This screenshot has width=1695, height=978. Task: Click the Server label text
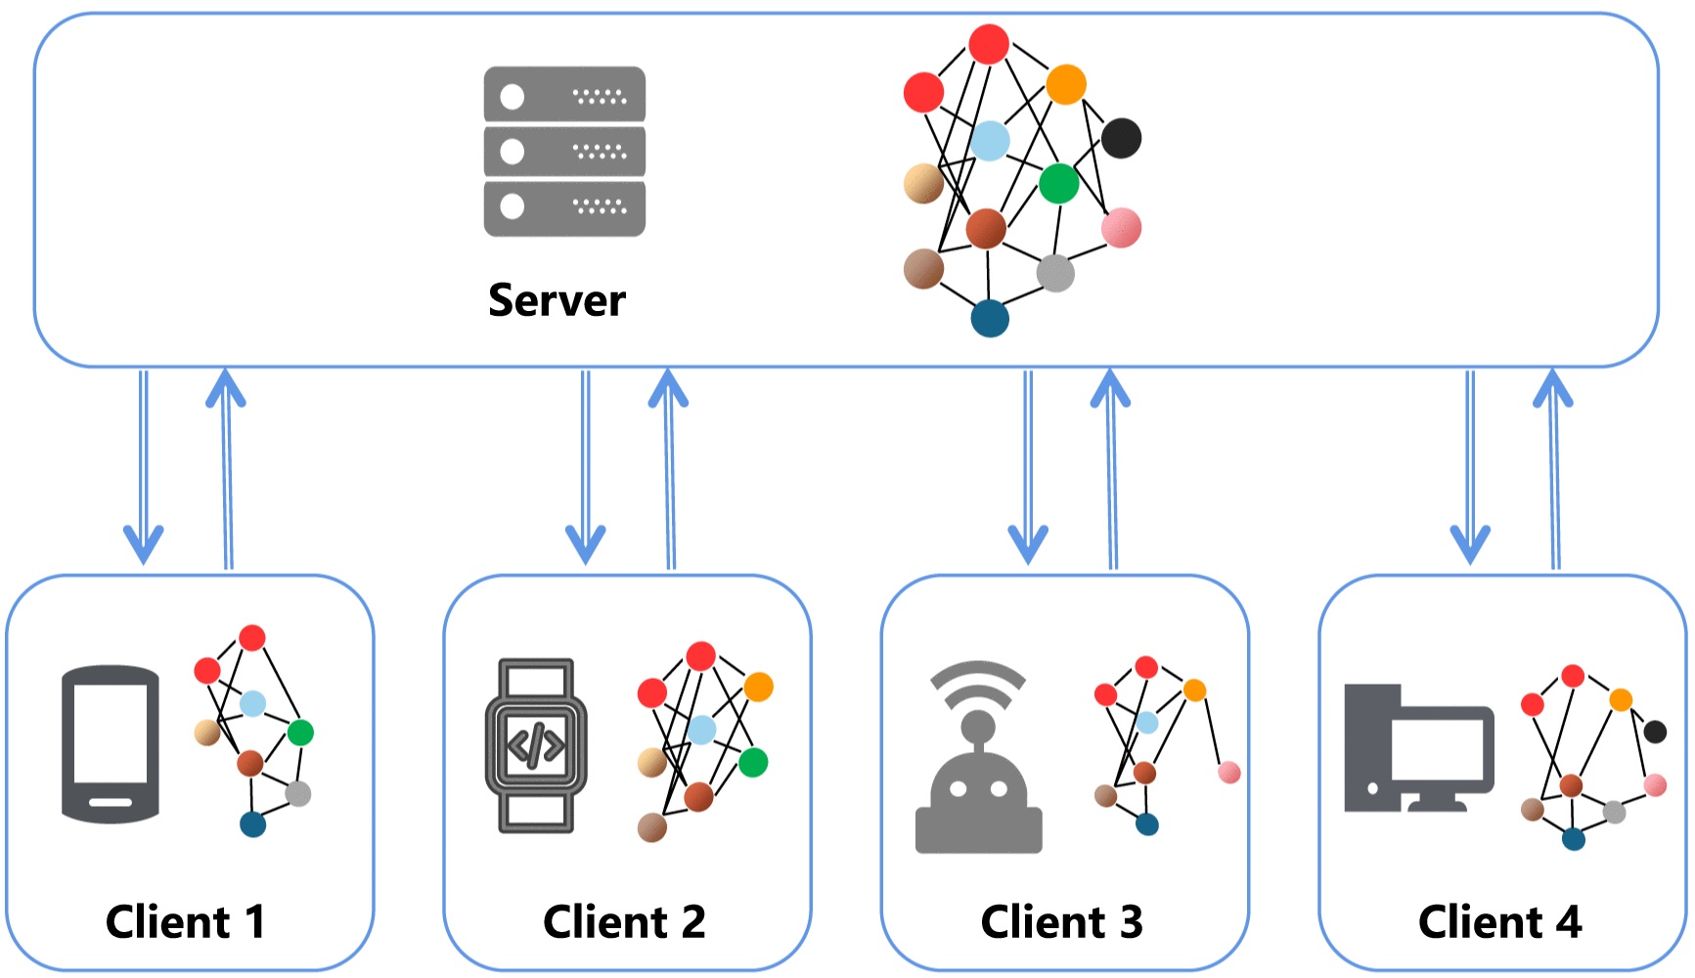coord(557,300)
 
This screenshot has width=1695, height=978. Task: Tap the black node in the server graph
coord(1121,138)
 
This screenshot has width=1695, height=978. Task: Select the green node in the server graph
coord(1058,183)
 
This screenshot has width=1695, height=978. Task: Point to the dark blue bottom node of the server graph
coord(989,318)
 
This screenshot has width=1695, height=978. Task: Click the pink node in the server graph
coord(1121,228)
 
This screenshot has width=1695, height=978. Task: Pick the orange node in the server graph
coord(1065,84)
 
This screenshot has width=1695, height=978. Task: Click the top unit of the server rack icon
coord(564,95)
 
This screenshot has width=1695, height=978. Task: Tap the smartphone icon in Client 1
coord(111,744)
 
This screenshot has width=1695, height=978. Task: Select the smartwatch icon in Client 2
coord(536,745)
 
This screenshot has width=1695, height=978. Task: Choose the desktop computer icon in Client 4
coord(1417,749)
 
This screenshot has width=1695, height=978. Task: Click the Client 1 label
coord(185,921)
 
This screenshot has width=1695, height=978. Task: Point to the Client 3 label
coord(1061,921)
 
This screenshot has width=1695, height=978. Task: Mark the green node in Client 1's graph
coord(300,732)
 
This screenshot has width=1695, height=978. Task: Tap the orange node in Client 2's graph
coord(758,687)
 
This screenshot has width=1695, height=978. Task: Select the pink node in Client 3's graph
coord(1228,773)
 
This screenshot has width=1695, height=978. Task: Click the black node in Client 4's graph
coord(1654,731)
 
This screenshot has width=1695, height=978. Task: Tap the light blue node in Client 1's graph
coord(252,703)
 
